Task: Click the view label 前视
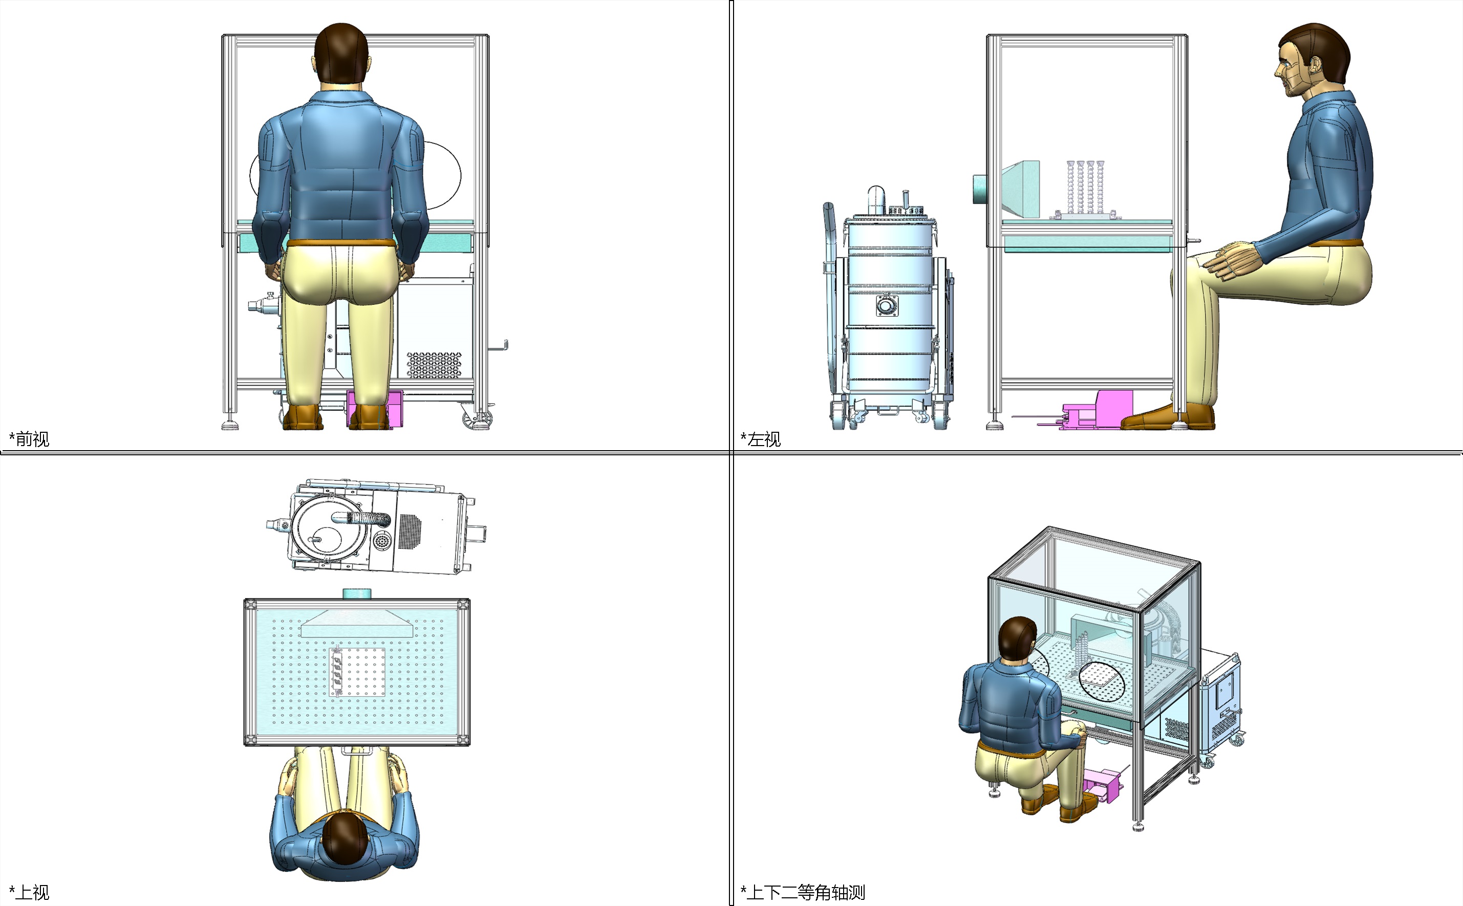32,439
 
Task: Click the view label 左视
764,439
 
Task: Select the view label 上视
32,892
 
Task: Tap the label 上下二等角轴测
806,892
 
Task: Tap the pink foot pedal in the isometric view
1102,785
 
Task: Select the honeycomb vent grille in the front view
435,365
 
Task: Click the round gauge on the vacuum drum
887,306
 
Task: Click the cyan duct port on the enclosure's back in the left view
980,189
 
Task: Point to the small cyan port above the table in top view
357,594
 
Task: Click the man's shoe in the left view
1166,417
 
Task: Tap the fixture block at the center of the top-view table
357,672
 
